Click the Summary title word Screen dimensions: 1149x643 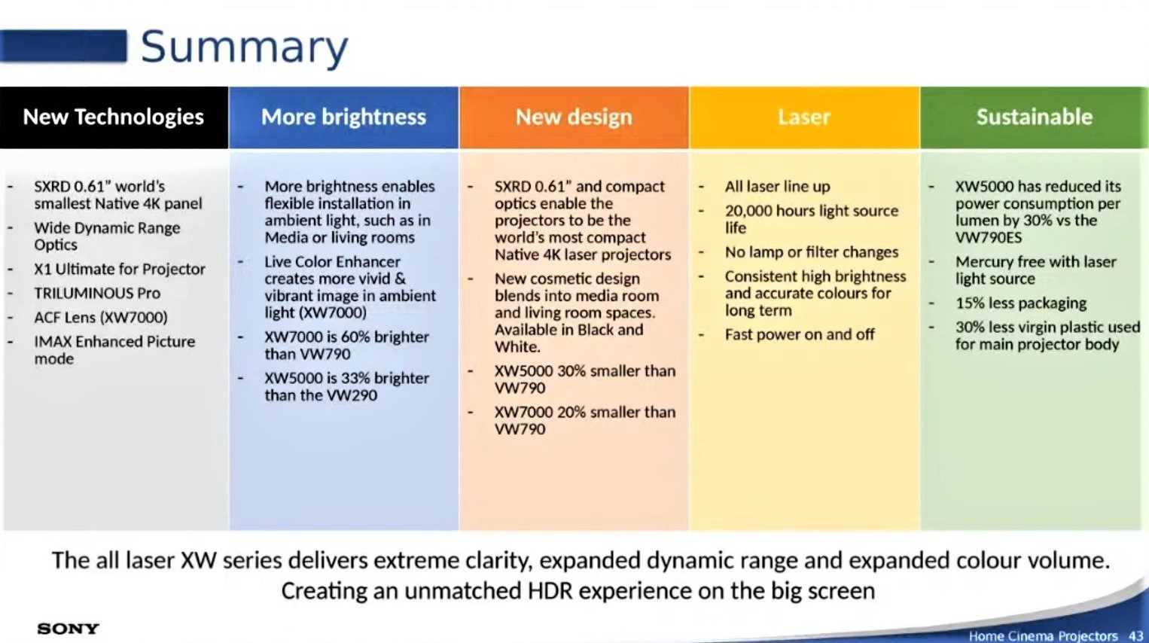click(x=244, y=47)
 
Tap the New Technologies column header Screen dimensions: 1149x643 click(x=114, y=117)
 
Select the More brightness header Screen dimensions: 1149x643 click(x=343, y=117)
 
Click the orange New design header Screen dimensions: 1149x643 click(x=574, y=117)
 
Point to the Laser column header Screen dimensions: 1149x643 click(x=804, y=117)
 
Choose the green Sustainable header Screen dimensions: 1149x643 click(x=1035, y=117)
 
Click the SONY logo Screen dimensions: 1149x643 click(x=69, y=629)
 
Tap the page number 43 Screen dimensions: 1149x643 click(x=1135, y=635)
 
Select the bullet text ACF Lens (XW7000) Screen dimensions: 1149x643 click(x=101, y=318)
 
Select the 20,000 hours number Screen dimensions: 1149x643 click(x=747, y=212)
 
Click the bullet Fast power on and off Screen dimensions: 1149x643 click(x=800, y=335)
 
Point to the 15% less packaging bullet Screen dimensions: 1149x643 click(x=1021, y=303)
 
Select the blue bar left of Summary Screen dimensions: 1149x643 click(x=62, y=47)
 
